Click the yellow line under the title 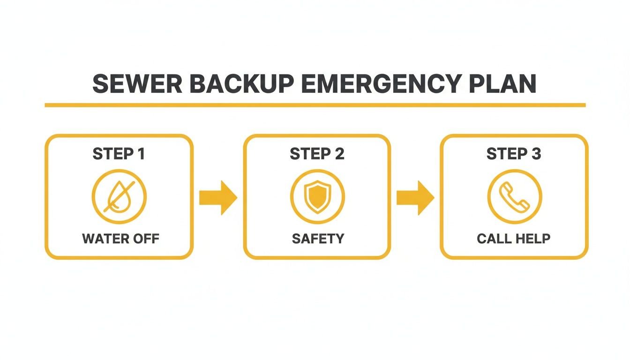point(315,105)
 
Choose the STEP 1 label point(119,154)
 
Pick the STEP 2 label point(317,154)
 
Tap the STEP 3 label point(514,154)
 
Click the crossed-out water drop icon point(119,196)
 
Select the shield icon point(317,196)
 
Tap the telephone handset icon point(514,196)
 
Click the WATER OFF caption point(120,239)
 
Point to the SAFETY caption point(317,239)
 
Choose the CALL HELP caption point(513,239)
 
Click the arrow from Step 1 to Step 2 point(218,197)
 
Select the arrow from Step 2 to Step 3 point(415,197)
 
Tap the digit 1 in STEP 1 point(140,154)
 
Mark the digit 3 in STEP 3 point(536,154)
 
